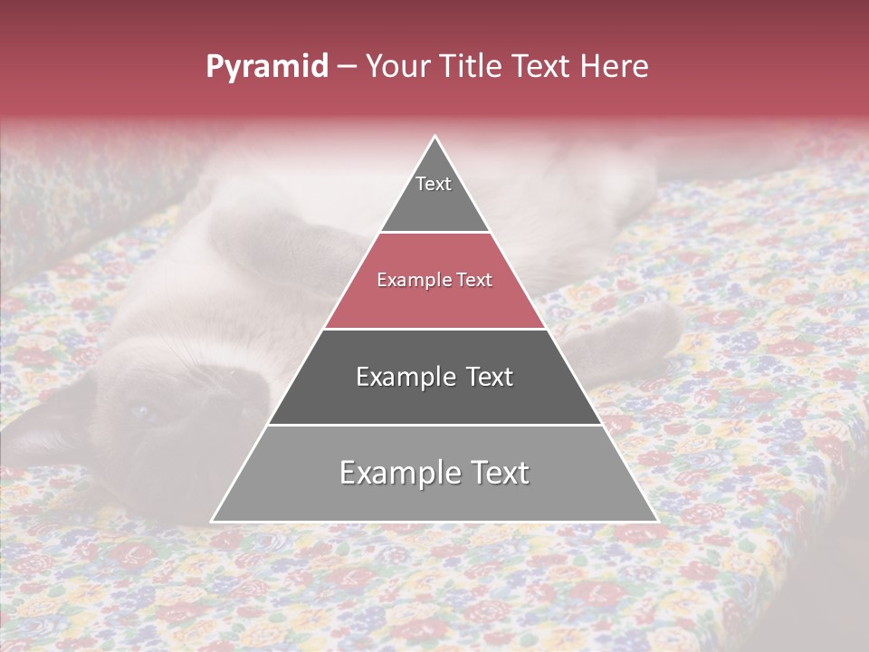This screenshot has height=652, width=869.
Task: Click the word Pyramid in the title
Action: [267, 67]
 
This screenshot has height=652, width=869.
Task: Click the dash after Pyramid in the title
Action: [346, 67]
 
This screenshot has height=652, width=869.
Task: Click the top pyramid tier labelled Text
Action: [434, 195]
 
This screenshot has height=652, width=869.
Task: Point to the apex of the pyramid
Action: [434, 139]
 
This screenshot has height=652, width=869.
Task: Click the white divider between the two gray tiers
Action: [434, 425]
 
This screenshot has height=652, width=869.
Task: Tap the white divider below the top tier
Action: [434, 232]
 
